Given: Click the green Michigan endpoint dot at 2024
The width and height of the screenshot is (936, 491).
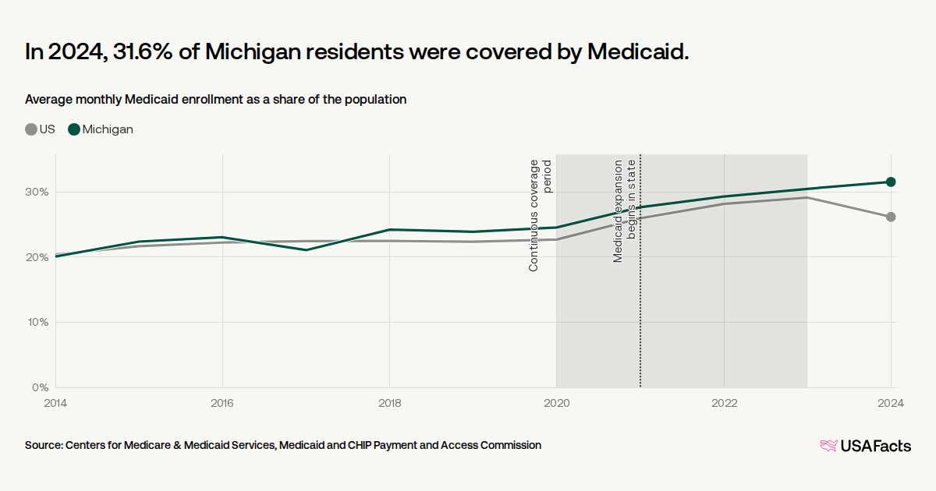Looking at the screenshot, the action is click(891, 182).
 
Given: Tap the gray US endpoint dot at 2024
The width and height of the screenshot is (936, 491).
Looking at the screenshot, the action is click(891, 217).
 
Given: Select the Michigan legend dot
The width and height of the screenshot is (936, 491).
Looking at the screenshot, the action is click(74, 129).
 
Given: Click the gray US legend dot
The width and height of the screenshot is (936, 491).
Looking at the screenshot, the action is click(31, 129).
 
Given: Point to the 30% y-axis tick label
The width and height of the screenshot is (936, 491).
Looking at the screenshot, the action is click(37, 192).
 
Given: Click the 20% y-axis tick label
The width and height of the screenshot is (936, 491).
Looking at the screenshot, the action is click(37, 257).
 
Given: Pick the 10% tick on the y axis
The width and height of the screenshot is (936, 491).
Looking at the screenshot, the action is click(38, 323).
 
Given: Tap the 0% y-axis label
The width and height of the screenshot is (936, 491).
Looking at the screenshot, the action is click(41, 387).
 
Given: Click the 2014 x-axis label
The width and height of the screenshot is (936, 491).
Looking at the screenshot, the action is click(55, 403).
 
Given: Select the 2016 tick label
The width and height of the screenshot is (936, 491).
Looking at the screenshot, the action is click(222, 403).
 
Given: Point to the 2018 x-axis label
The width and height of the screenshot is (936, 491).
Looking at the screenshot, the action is click(389, 403).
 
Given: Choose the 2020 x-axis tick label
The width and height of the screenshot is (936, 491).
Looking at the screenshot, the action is click(557, 403).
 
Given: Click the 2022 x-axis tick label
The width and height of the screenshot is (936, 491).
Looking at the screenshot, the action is click(724, 403).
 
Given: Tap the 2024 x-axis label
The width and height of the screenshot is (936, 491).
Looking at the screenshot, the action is click(891, 403).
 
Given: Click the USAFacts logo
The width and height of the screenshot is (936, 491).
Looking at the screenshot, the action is click(865, 446).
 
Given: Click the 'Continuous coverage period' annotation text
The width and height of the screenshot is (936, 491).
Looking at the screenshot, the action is click(540, 215).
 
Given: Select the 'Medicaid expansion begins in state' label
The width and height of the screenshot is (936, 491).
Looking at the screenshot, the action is click(624, 211).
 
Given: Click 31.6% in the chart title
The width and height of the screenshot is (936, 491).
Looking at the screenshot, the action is click(143, 51).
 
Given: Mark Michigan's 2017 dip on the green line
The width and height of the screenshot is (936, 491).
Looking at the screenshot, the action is click(307, 250).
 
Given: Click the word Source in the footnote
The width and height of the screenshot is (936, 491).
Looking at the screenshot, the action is click(44, 446).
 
